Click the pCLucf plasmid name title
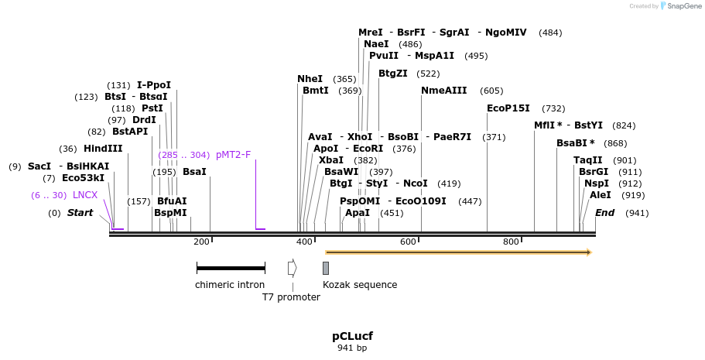pos(352,336)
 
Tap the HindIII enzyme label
pos(103,149)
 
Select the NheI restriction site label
pos(310,79)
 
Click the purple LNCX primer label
pos(85,195)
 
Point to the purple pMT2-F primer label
pos(233,155)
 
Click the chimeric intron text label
pos(230,285)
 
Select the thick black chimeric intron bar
pos(231,268)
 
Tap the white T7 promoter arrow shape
pos(292,268)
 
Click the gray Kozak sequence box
pos(326,268)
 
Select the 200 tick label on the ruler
pos(202,242)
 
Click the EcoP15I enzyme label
pos(508,108)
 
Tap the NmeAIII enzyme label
pos(443,91)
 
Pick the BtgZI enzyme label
pos(392,74)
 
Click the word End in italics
pos(605,213)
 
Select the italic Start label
pos(80,213)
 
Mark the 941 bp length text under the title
pos(352,348)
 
